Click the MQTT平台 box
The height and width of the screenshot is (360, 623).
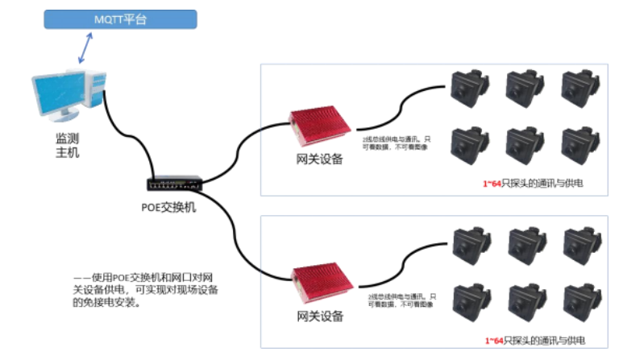[120, 19]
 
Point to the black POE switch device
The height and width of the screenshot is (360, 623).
[173, 184]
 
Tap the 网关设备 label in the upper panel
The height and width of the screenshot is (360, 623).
[320, 159]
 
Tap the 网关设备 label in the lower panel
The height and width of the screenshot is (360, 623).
[320, 314]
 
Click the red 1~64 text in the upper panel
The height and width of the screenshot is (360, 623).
[492, 184]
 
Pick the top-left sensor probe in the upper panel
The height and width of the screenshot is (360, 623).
[467, 87]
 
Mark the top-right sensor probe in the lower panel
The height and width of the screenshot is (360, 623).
[579, 243]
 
